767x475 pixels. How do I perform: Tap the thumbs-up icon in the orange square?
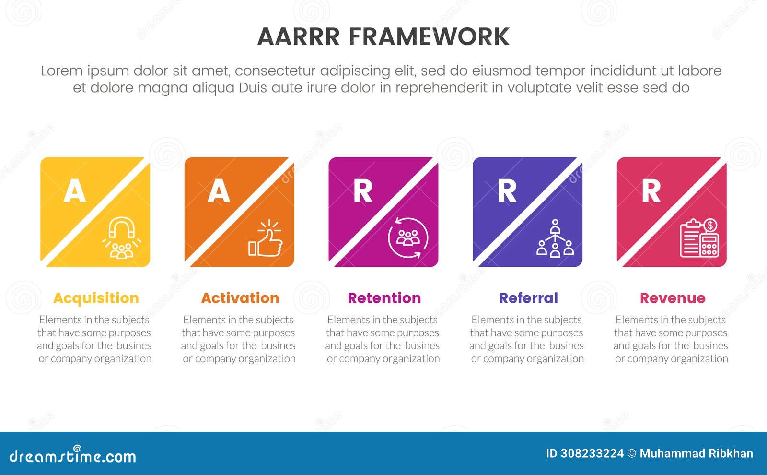tap(266, 238)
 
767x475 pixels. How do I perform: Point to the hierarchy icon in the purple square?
tap(555, 238)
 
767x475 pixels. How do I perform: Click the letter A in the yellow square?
tap(74, 191)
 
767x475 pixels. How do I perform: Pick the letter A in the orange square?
tap(219, 191)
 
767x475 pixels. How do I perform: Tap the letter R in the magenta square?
tap(363, 191)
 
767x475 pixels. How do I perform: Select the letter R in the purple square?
tap(507, 191)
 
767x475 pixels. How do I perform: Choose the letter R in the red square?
tap(651, 191)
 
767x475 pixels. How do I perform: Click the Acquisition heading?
tap(96, 298)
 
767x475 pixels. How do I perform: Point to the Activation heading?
tap(240, 298)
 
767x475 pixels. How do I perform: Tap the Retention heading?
tap(384, 298)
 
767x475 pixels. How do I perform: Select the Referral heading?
tap(528, 298)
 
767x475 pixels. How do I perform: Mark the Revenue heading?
tap(673, 298)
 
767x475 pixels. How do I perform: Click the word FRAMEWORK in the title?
tap(429, 37)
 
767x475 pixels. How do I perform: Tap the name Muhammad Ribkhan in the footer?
tap(696, 453)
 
